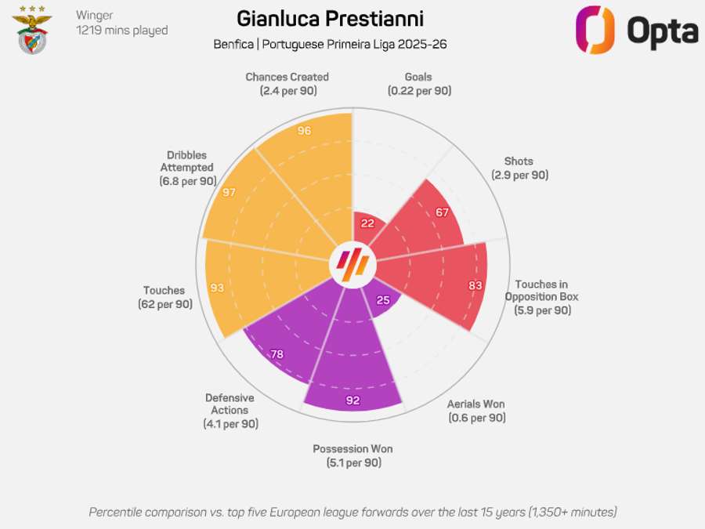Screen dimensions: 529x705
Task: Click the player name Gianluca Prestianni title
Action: point(331,18)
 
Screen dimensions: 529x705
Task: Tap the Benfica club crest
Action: point(34,31)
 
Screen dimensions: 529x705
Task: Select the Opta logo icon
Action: point(595,30)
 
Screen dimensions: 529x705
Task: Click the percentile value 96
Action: point(305,131)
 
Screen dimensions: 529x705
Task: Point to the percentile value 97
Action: point(229,192)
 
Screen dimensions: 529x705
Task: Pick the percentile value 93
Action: point(217,288)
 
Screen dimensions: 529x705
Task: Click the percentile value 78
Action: point(277,354)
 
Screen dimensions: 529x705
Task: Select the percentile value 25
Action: point(383,299)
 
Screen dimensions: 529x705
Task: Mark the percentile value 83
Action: point(475,285)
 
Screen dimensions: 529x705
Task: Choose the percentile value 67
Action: point(442,212)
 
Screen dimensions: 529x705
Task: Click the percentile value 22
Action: point(367,223)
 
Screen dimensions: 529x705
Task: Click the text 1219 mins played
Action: point(121,31)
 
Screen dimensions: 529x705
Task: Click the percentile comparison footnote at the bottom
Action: point(352,512)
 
